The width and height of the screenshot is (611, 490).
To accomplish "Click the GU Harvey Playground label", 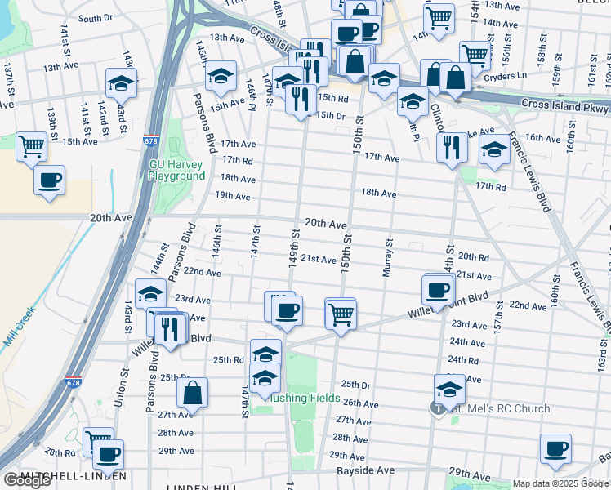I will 176,170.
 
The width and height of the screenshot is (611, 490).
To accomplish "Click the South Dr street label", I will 96,18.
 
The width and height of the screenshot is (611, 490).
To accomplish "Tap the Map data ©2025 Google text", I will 560,483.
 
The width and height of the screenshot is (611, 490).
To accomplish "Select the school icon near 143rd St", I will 121,83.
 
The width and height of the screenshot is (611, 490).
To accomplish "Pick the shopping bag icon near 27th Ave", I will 192,392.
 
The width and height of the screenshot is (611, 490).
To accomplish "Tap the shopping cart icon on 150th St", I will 341,313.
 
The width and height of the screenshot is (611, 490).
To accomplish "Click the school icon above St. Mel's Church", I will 449,388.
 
